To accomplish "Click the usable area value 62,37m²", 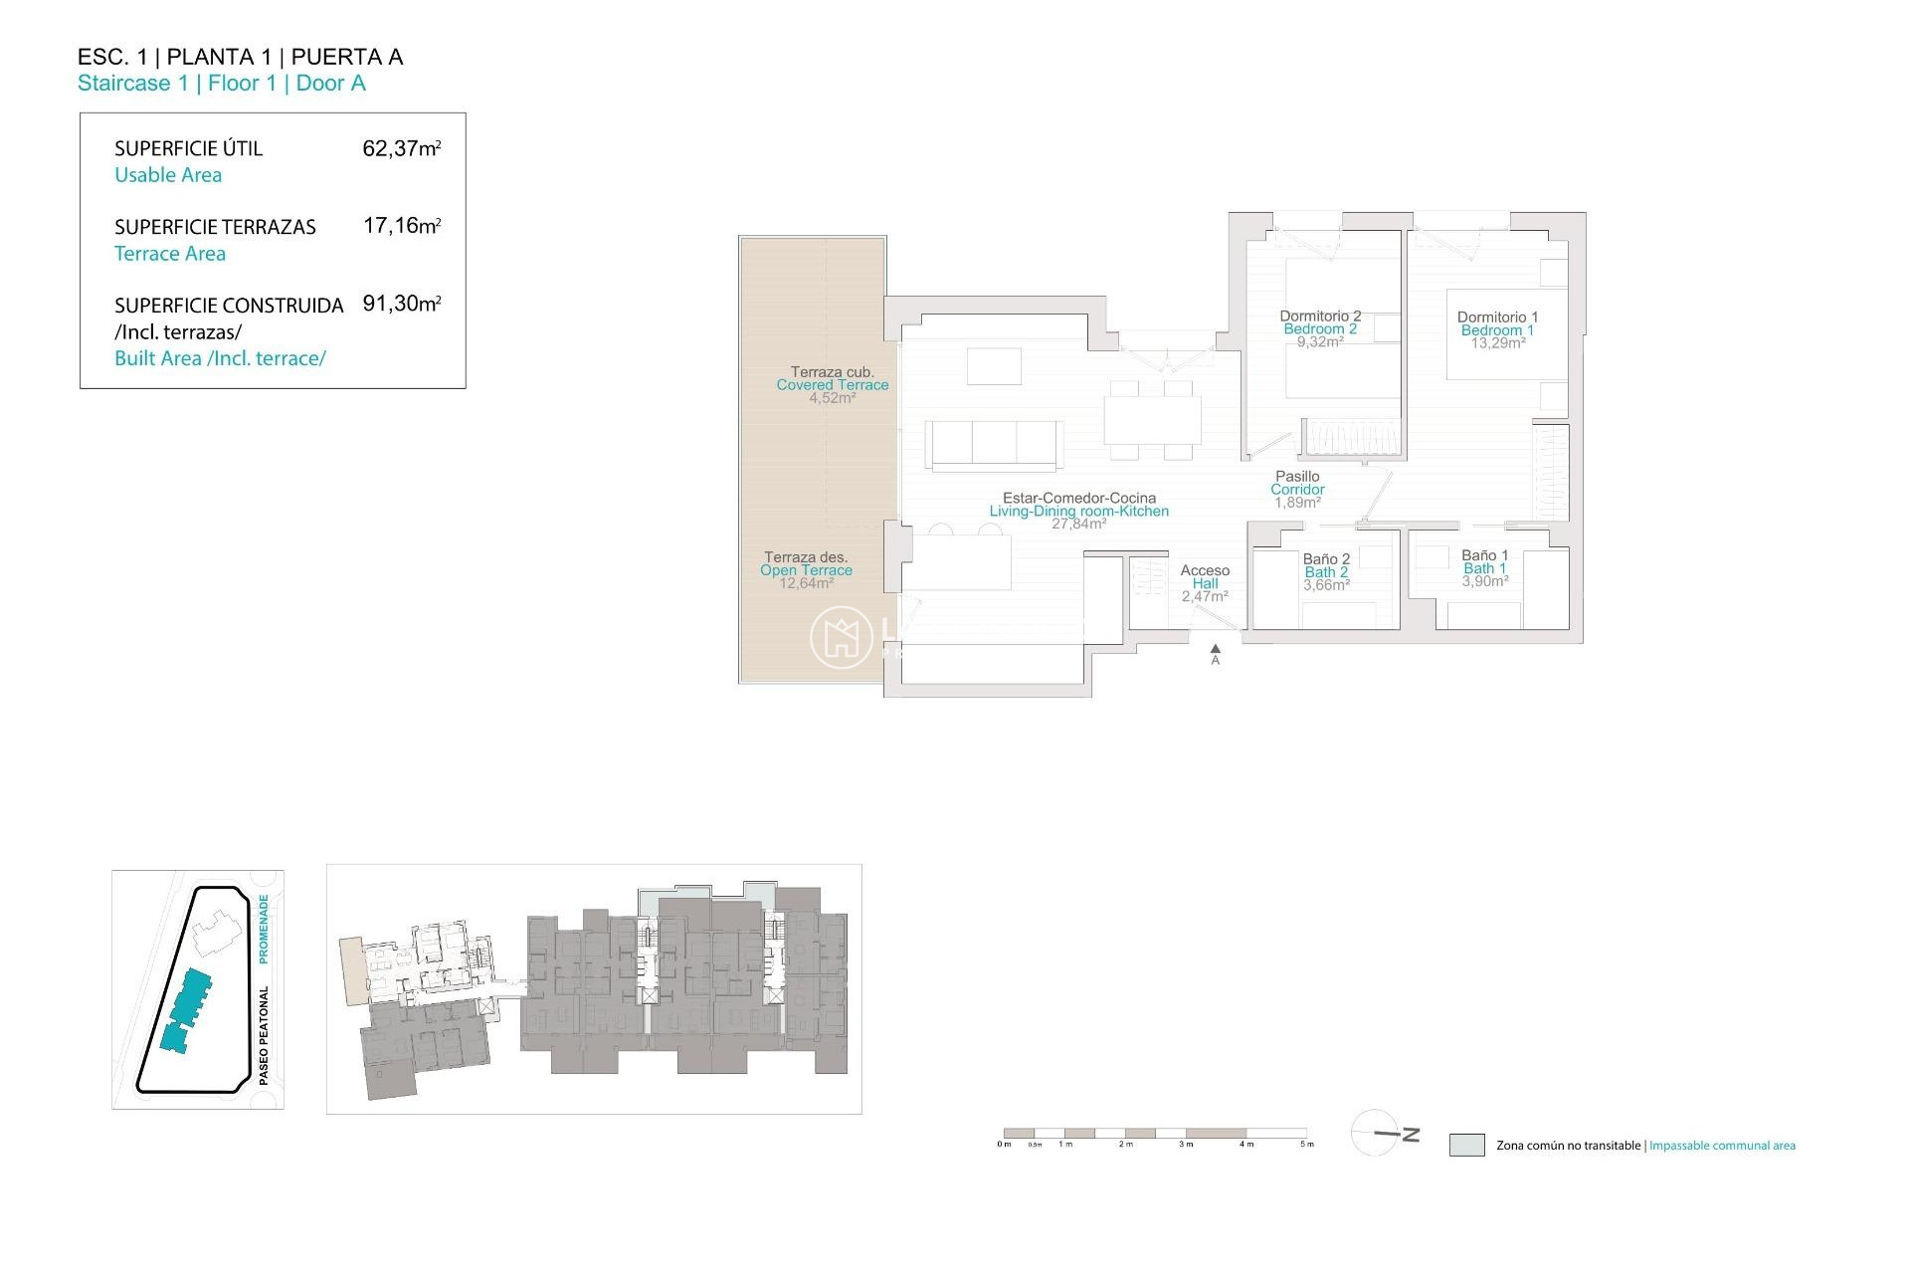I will click(x=401, y=149).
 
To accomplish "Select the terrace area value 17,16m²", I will click(x=401, y=227).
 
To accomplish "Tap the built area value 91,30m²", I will click(x=401, y=305).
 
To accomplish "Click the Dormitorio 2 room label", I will click(x=1320, y=328).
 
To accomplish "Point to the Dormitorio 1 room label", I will click(x=1497, y=329).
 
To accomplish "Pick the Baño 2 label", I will click(x=1326, y=571).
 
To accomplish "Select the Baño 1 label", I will click(x=1484, y=568).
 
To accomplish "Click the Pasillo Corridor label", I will click(x=1297, y=489).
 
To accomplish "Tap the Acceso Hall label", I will click(x=1205, y=583).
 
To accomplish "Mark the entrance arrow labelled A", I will click(x=1215, y=653).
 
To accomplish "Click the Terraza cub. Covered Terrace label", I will click(x=833, y=384).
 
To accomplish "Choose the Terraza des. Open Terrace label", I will click(x=806, y=569).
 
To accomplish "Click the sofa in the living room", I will click(x=993, y=443).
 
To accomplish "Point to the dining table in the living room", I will click(x=1152, y=419).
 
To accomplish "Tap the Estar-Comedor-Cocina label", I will click(x=1079, y=510).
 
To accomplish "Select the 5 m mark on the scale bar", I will click(x=1307, y=1144).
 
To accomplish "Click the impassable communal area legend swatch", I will click(x=1466, y=1145).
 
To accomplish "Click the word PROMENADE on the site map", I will click(x=264, y=929).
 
